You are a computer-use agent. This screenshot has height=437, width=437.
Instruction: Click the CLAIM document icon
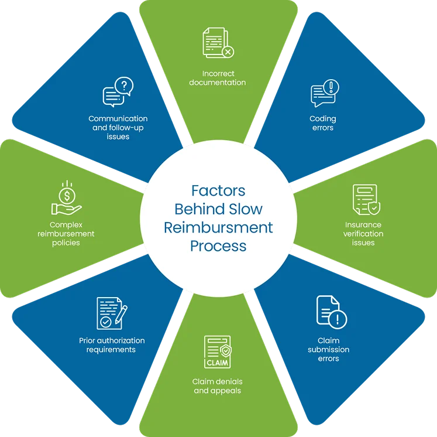218,354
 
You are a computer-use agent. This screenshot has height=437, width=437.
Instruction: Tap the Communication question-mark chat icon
118,93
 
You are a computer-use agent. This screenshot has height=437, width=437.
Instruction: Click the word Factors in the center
218,191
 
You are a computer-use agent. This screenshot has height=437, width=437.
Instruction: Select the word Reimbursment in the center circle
218,227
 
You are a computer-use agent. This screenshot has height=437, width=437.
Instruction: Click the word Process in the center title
218,245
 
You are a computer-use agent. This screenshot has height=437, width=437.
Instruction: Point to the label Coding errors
323,123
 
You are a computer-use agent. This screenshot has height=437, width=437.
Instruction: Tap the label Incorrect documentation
218,78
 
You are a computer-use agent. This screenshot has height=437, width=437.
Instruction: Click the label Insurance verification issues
363,233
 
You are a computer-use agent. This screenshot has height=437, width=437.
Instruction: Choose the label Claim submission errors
328,349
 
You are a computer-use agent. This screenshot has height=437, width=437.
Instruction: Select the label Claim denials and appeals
217,385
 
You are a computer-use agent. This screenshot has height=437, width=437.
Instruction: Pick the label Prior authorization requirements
112,345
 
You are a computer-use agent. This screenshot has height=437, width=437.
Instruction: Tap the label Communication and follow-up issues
118,127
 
